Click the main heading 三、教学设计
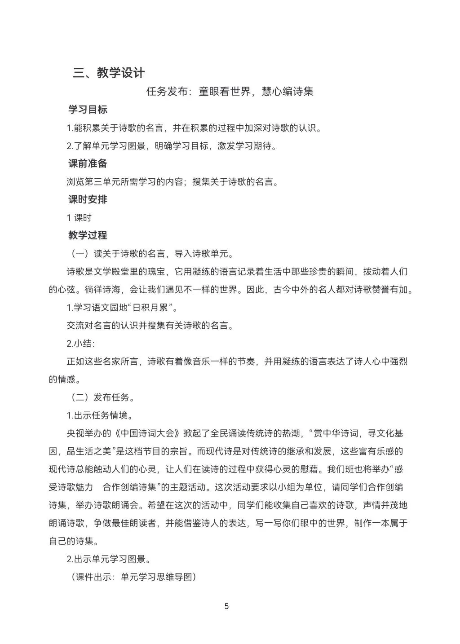tap(109, 73)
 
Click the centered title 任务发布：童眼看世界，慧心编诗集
tap(230, 92)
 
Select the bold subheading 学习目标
tap(88, 110)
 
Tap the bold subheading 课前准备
tap(88, 163)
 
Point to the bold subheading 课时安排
tap(88, 199)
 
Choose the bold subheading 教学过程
tap(88, 235)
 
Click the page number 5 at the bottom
tap(226, 606)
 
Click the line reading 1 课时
tap(79, 218)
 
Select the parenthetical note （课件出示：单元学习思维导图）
tap(133, 577)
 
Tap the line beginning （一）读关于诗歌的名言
tap(152, 254)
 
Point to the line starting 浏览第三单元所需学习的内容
tap(172, 182)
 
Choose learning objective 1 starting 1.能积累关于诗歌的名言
tap(195, 128)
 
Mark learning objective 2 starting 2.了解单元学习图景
tap(172, 146)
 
